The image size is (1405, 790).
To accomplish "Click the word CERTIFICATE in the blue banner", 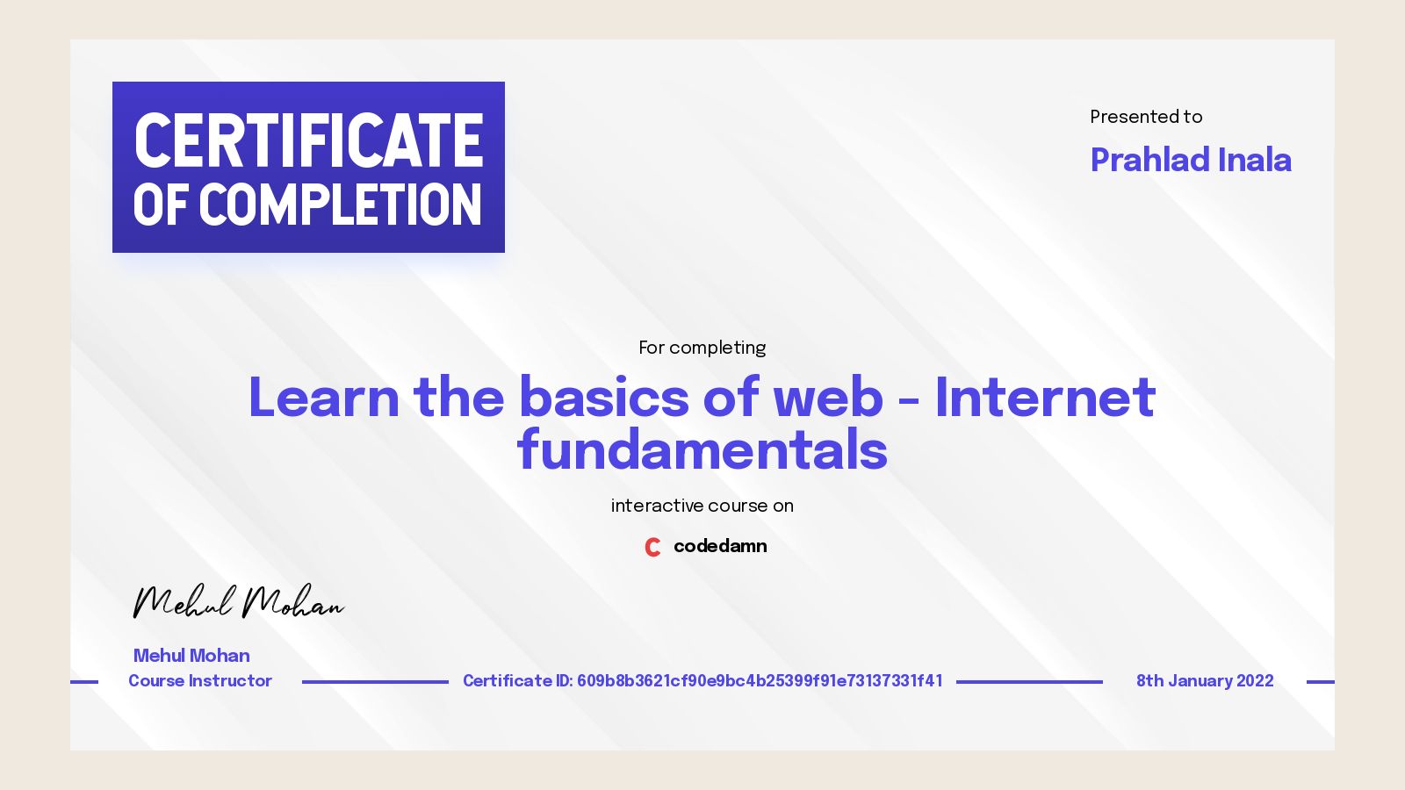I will pos(308,140).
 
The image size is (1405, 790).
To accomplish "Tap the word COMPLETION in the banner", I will pos(341,205).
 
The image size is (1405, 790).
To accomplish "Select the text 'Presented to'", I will pos(1146,117).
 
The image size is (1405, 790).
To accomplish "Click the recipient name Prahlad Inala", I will pos(1190,160).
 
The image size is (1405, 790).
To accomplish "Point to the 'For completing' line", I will pos(702,348).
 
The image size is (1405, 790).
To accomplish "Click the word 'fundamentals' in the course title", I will pos(702,450).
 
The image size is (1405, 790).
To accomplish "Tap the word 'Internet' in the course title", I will pos(1045,398).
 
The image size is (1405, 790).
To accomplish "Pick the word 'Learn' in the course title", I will pos(323,398).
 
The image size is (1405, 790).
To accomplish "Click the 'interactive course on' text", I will pos(702,506).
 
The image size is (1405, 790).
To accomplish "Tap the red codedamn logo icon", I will pos(652,547).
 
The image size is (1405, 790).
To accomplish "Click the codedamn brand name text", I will pos(720,546).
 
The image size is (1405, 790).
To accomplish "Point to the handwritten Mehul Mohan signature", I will pos(237,602).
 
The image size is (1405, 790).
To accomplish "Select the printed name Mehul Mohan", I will pos(191,656).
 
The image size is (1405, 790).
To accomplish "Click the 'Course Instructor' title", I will pos(200,681).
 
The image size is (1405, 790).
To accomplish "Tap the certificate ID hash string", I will pos(760,681).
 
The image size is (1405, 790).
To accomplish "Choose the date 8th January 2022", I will pos(1205,681).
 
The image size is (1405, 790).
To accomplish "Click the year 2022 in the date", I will pos(1255,681).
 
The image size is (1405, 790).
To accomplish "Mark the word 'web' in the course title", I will pos(827,398).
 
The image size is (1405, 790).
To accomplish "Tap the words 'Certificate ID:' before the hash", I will pos(517,681).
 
